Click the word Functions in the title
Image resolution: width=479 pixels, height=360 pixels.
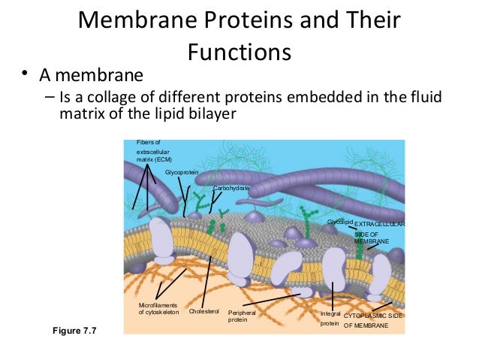pos(239,53)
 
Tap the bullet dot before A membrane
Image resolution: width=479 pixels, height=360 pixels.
pos(25,74)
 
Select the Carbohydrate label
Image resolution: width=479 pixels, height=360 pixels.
pos(231,188)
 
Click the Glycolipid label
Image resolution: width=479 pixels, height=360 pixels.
pos(339,222)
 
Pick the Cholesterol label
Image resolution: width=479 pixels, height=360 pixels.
pos(203,311)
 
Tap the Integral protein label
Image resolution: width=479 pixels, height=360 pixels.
pos(330,317)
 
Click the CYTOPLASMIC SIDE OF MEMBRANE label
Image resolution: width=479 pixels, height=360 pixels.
pos(373,321)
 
